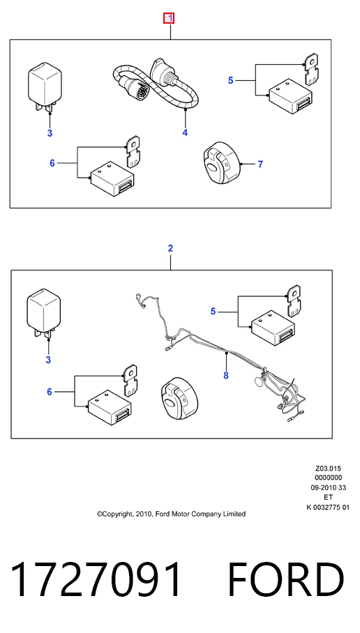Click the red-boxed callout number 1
pyautogui.click(x=169, y=18)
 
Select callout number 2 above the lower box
pyautogui.click(x=170, y=248)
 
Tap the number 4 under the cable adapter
pyautogui.click(x=185, y=132)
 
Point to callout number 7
pyautogui.click(x=260, y=165)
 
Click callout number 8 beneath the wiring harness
pyautogui.click(x=226, y=376)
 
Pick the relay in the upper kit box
pyautogui.click(x=45, y=89)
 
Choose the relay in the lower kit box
pyautogui.click(x=43, y=314)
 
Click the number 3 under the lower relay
pyautogui.click(x=48, y=360)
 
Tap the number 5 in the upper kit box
pyautogui.click(x=231, y=80)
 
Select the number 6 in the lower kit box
pyautogui.click(x=50, y=392)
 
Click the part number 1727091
pyautogui.click(x=96, y=580)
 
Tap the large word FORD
pyautogui.click(x=286, y=580)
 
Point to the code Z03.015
pyautogui.click(x=328, y=468)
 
